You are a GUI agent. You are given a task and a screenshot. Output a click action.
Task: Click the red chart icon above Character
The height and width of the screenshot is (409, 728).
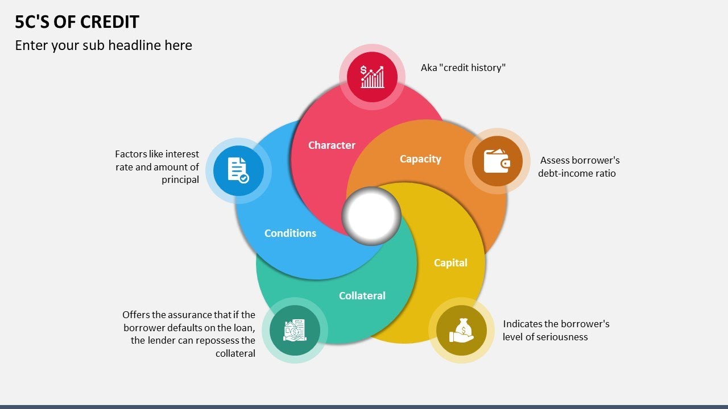[372, 77]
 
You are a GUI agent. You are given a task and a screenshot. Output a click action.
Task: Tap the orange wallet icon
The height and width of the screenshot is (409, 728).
[497, 161]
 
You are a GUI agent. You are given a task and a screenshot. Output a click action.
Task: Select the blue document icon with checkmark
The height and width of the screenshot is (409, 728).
[238, 170]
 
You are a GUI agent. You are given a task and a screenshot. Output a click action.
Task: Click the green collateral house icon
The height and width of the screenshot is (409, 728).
[295, 330]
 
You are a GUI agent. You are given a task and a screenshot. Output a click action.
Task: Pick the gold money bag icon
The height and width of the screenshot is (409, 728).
[461, 330]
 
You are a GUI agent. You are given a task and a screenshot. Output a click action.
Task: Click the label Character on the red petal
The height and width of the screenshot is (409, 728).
[332, 145]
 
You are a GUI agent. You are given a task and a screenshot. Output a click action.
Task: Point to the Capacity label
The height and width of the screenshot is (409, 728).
[420, 159]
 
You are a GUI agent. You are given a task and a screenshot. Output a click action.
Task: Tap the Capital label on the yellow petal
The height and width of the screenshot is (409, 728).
[450, 263]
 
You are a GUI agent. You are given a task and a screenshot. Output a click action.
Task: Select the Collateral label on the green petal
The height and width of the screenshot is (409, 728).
[362, 296]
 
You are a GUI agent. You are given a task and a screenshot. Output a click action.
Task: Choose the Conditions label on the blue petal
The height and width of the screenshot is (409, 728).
[290, 233]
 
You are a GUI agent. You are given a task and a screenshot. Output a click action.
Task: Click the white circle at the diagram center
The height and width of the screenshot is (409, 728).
[371, 216]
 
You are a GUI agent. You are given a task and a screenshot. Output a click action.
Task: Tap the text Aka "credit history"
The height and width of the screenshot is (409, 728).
[463, 68]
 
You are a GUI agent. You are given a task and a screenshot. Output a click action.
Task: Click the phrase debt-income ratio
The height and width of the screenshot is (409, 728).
[577, 173]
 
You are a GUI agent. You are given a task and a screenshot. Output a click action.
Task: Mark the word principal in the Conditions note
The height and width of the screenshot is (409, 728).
[180, 180]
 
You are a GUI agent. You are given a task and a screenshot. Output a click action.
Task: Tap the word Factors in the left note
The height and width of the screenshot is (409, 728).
[131, 154]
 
